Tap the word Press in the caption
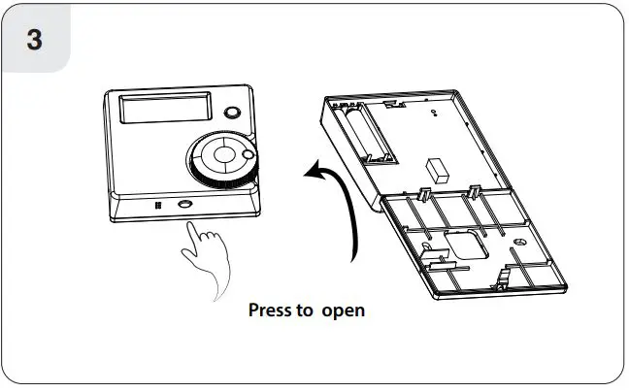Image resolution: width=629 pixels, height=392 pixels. click(x=271, y=311)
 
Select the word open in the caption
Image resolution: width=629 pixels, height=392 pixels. click(x=343, y=311)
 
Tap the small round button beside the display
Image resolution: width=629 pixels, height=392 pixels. click(x=234, y=113)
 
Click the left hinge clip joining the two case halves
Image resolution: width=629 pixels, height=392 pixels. click(x=424, y=190)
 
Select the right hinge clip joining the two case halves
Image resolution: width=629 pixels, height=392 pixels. click(x=476, y=186)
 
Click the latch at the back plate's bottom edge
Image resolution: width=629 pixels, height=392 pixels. click(x=502, y=280)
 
